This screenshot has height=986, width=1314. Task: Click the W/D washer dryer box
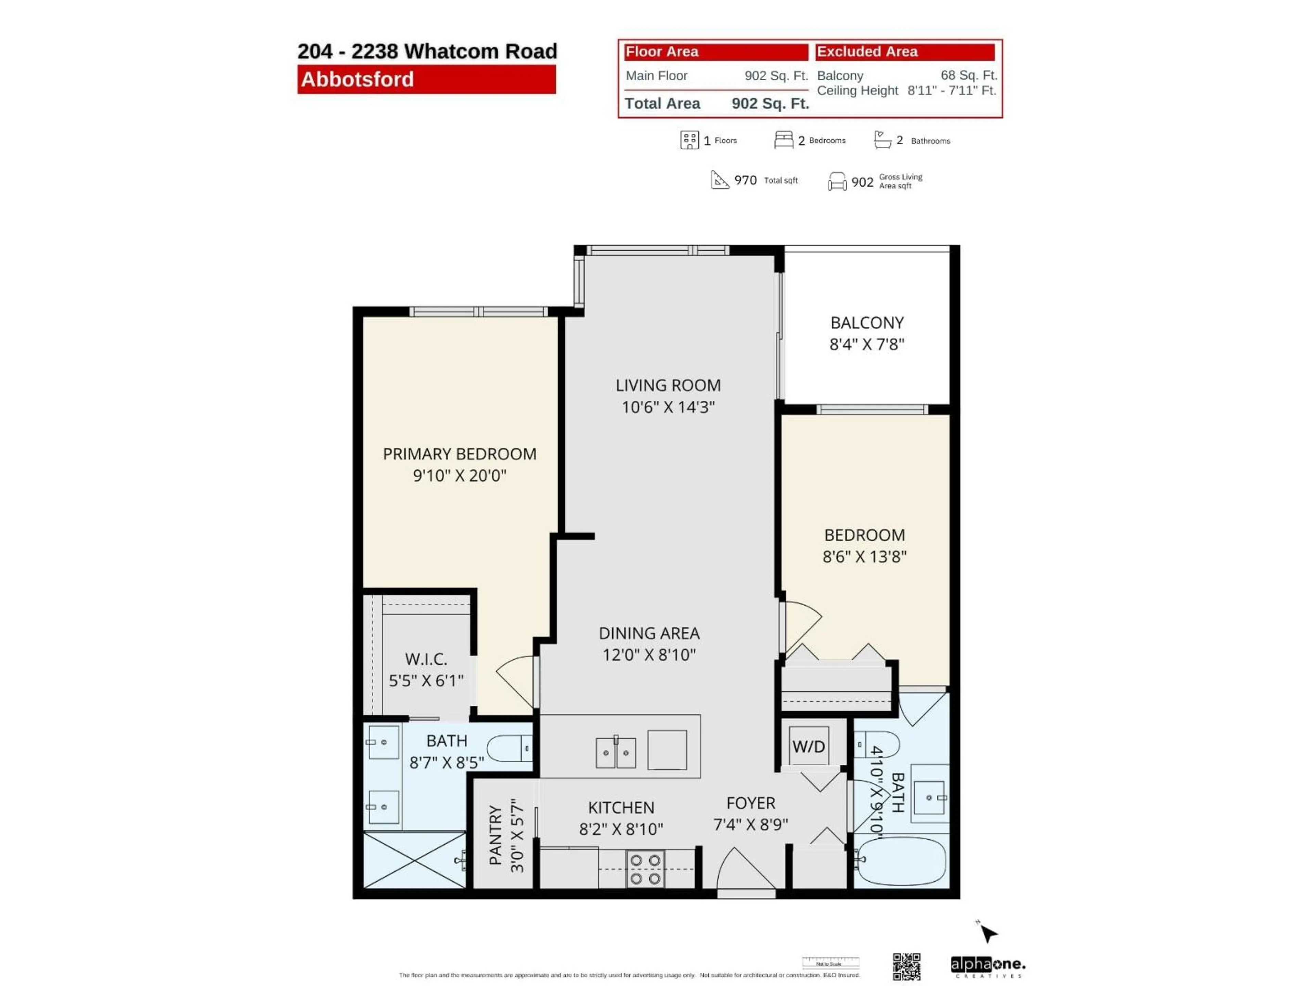tap(809, 746)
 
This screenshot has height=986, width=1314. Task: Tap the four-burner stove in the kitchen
tap(645, 869)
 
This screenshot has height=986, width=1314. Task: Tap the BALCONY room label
tap(867, 323)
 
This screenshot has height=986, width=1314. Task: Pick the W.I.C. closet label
tap(426, 659)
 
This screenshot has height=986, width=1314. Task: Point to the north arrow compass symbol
tap(987, 933)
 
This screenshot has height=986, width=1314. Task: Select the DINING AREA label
tap(649, 634)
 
